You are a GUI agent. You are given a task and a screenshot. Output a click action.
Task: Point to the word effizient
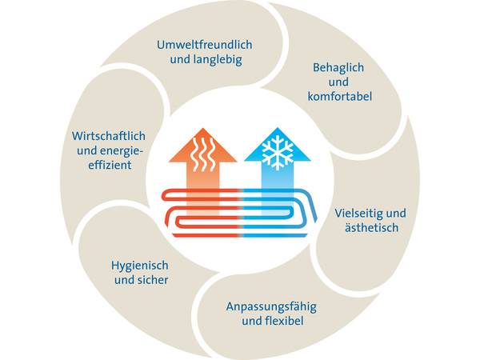coord(105,164)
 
